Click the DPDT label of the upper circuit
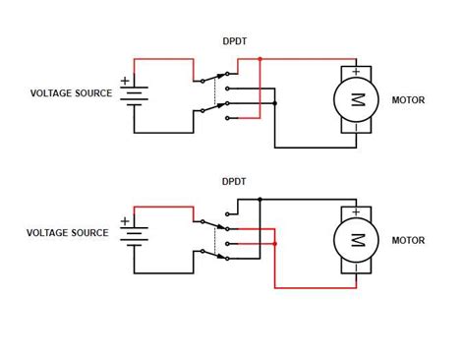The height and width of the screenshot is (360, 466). [x=235, y=41]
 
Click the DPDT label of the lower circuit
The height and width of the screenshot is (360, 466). [x=234, y=181]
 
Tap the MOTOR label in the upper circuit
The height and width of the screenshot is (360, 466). [x=408, y=100]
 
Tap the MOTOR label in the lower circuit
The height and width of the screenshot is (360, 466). [x=408, y=240]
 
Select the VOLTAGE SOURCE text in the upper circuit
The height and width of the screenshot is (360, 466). [x=71, y=93]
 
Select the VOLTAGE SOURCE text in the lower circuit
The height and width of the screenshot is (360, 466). [x=68, y=233]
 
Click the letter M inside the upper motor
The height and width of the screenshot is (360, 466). [x=358, y=99]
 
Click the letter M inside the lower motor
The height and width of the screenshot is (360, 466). [x=358, y=240]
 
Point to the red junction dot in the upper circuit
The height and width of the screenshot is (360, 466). [x=260, y=59]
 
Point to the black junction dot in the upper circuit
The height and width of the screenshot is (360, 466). [x=275, y=103]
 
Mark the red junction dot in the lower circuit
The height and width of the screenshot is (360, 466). [x=275, y=244]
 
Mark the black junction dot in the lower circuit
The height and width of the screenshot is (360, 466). [x=260, y=199]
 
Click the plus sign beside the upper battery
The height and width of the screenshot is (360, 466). [x=125, y=81]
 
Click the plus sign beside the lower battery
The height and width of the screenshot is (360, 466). [x=125, y=221]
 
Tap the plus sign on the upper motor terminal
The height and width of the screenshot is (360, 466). [x=356, y=72]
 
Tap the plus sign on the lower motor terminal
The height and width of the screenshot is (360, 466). [x=356, y=212]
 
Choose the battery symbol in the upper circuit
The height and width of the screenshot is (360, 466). [x=134, y=95]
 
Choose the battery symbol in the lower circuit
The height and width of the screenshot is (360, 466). [x=134, y=236]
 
